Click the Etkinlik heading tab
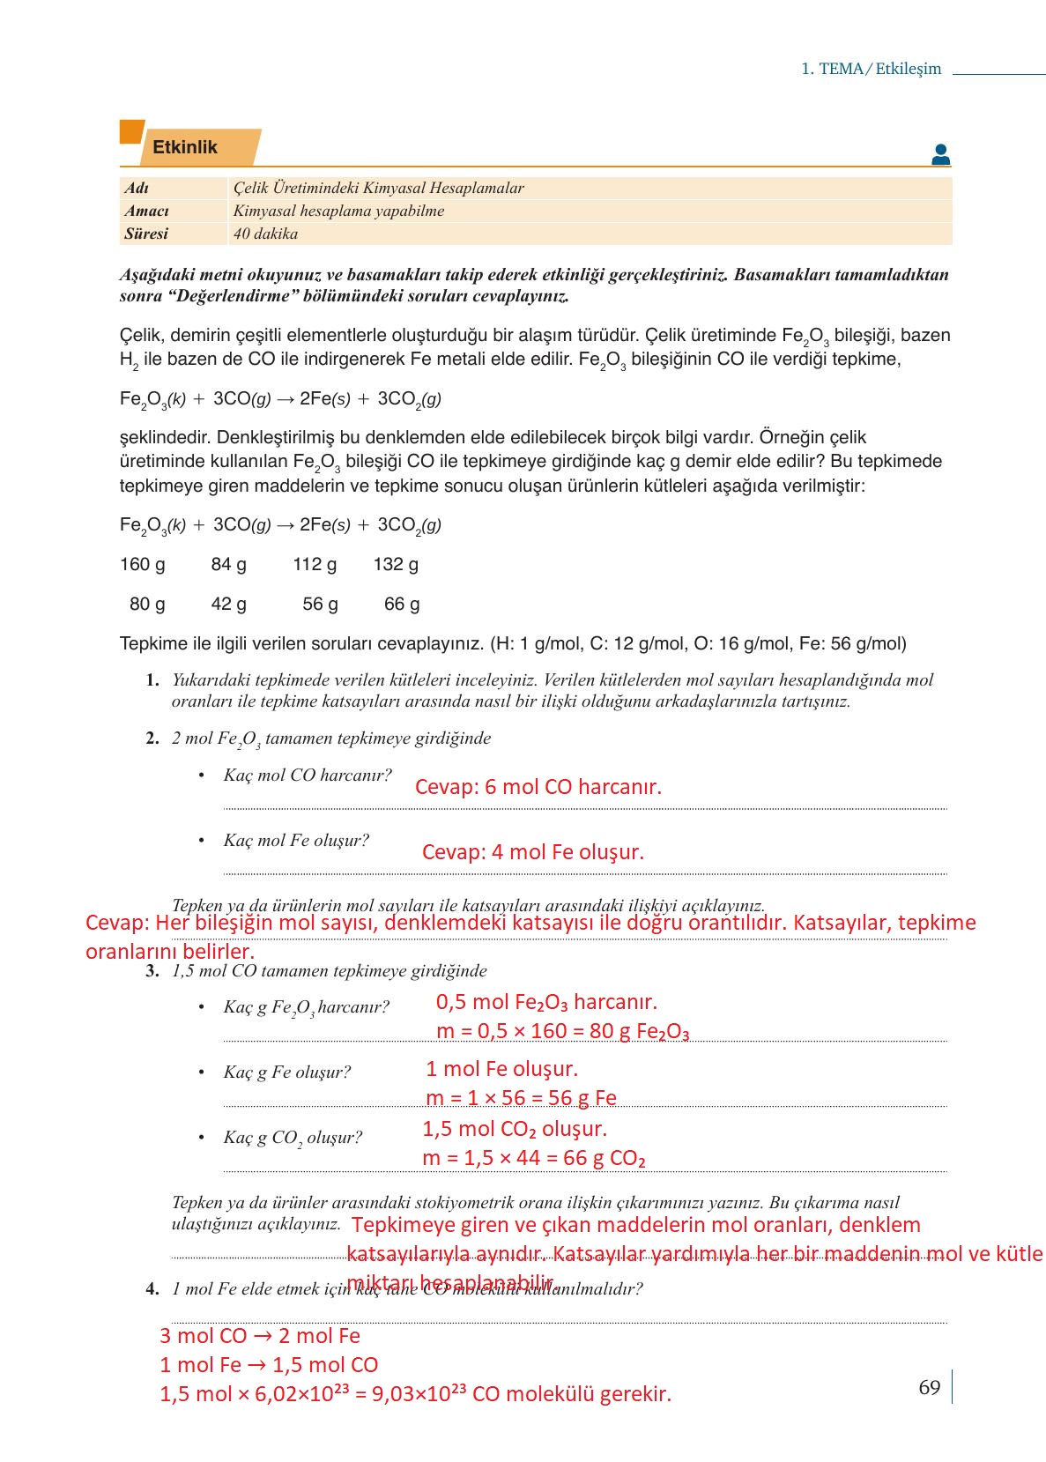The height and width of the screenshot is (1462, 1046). [x=185, y=147]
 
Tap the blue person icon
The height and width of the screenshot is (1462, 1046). [x=940, y=155]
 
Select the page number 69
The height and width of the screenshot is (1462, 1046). [x=930, y=1387]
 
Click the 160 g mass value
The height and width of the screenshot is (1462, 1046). [x=143, y=564]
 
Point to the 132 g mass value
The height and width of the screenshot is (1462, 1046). [x=396, y=564]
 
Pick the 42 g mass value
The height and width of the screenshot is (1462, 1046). [x=228, y=604]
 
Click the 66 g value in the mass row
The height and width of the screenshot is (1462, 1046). [x=402, y=604]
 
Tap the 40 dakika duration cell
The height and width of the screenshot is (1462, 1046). [x=265, y=234]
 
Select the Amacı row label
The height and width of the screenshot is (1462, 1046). [x=146, y=211]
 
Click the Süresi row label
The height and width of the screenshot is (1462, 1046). [x=145, y=234]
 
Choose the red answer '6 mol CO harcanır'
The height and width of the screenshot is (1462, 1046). [x=538, y=787]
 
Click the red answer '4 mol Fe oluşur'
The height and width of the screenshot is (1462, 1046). [x=533, y=852]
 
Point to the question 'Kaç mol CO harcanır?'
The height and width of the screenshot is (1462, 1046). [x=307, y=776]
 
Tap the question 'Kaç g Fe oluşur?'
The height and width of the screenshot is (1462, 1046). [x=286, y=1072]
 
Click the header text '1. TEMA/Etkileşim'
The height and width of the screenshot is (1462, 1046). [x=871, y=69]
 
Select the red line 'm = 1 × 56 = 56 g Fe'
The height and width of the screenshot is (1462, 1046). [x=521, y=1098]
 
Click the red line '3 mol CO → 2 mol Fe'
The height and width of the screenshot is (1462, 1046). [x=260, y=1336]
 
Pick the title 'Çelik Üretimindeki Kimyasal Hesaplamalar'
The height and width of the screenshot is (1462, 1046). [x=379, y=188]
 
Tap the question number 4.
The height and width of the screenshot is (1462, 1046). [x=152, y=1289]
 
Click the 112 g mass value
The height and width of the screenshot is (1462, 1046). [x=315, y=564]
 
